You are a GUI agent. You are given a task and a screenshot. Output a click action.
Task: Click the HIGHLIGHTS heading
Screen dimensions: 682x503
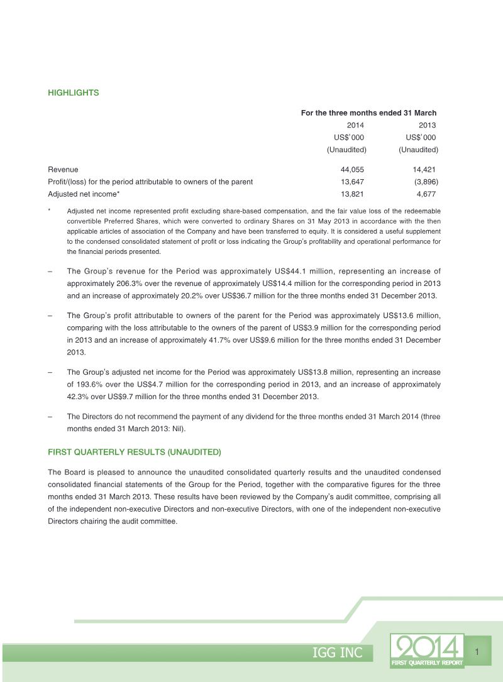point(74,93)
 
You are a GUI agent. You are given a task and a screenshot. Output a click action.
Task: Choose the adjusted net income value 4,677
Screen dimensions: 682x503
point(426,194)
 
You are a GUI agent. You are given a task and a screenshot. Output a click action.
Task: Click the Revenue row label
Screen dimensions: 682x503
point(63,170)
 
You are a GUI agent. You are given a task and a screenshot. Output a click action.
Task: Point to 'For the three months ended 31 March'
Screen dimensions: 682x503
point(368,113)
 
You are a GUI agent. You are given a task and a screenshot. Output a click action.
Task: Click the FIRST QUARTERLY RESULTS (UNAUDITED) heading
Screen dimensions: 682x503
point(134,453)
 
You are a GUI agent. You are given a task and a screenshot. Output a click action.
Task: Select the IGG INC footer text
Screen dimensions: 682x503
point(338,653)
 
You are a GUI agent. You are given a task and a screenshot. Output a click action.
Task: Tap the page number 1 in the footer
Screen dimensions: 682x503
point(477,651)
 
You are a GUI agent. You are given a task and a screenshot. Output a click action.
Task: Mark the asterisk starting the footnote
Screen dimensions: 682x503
point(50,210)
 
